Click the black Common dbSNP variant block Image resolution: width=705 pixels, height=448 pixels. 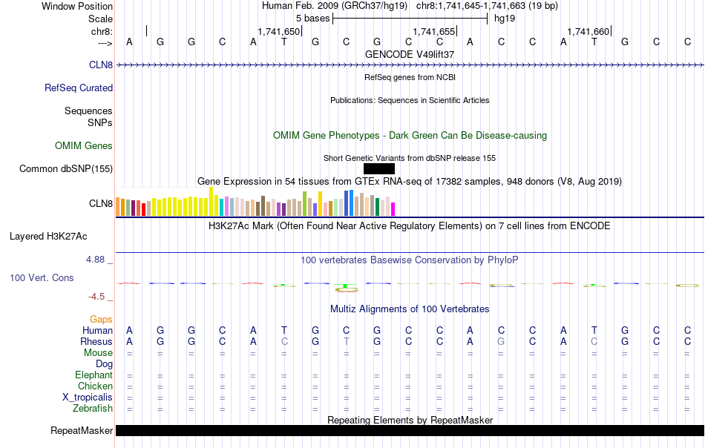pos(374,168)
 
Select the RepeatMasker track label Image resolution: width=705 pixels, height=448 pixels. pos(82,431)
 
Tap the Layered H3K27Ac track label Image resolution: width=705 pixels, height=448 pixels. pos(48,237)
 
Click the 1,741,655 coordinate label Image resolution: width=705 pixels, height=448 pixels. pos(433,31)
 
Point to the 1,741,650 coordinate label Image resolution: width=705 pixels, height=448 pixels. pos(279,31)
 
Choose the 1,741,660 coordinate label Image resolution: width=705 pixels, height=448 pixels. pos(588,31)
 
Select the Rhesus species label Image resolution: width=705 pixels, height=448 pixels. pos(96,342)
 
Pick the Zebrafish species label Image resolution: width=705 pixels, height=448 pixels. pos(93,409)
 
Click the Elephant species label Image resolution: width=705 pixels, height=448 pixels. pos(94,375)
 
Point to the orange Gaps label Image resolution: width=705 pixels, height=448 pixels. pos(101,320)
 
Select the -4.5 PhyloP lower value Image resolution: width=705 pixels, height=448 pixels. pos(96,297)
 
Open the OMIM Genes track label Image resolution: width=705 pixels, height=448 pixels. pos(84,146)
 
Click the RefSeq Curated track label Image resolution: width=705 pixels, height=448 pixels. pos(79,88)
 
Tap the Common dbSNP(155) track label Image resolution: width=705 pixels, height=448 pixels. pos(66,169)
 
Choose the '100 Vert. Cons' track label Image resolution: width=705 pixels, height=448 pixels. pos(42,278)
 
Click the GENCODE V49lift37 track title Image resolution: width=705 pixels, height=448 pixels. pos(410,55)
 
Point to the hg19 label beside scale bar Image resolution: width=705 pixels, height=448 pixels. pos(505,18)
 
